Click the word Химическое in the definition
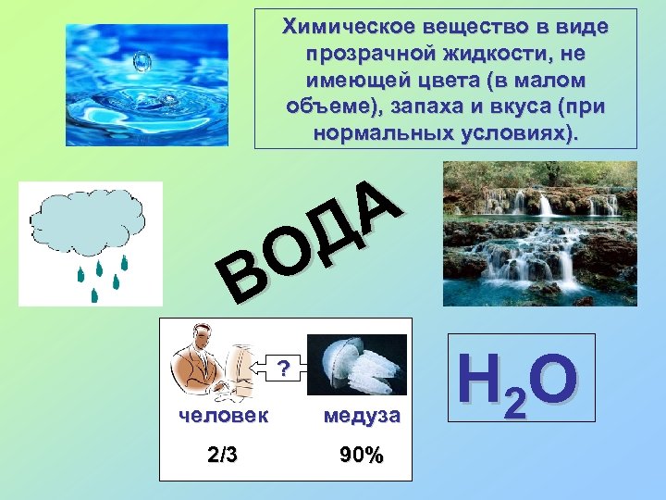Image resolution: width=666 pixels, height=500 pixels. pyautogui.click(x=334, y=27)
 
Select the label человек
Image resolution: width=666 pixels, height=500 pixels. pyautogui.click(x=224, y=416)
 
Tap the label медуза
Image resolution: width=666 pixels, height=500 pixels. pyautogui.click(x=362, y=416)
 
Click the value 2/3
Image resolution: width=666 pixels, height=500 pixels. pyautogui.click(x=223, y=455)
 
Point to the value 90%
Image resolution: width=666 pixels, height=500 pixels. pyautogui.click(x=361, y=455)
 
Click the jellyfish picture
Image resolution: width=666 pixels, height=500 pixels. pyautogui.click(x=357, y=365)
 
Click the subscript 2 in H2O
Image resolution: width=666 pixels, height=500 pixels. pyautogui.click(x=516, y=401)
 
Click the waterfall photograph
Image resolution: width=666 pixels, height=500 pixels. pyautogui.click(x=539, y=233)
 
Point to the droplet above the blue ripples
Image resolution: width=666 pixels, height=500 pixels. pyautogui.click(x=142, y=62)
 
